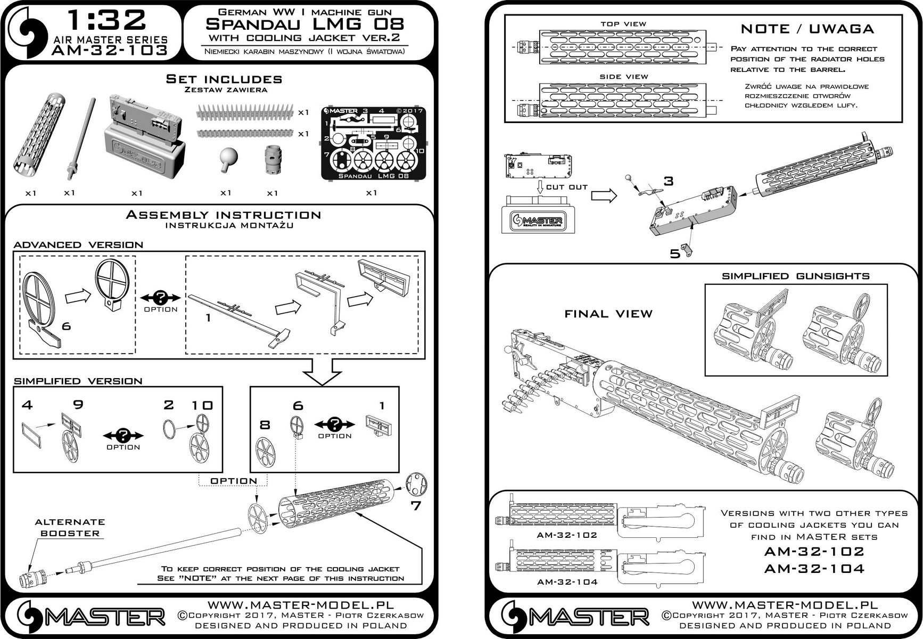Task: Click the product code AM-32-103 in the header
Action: [110, 51]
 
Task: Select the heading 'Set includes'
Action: [224, 79]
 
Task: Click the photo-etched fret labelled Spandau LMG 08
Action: [373, 143]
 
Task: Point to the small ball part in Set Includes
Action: [228, 159]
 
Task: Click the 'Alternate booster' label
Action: [70, 528]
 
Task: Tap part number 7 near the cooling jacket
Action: [416, 505]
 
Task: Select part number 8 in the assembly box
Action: [265, 425]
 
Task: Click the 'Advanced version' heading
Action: [78, 245]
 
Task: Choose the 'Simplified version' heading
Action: [78, 381]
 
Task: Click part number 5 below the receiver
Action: [675, 254]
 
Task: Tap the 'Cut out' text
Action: [567, 187]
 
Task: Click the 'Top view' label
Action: [623, 24]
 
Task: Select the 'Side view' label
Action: [624, 77]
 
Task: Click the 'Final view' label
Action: [608, 314]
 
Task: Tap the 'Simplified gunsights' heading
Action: [796, 276]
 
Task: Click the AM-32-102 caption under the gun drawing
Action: [567, 535]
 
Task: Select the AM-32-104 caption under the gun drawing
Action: [567, 582]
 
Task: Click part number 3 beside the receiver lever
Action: [669, 182]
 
